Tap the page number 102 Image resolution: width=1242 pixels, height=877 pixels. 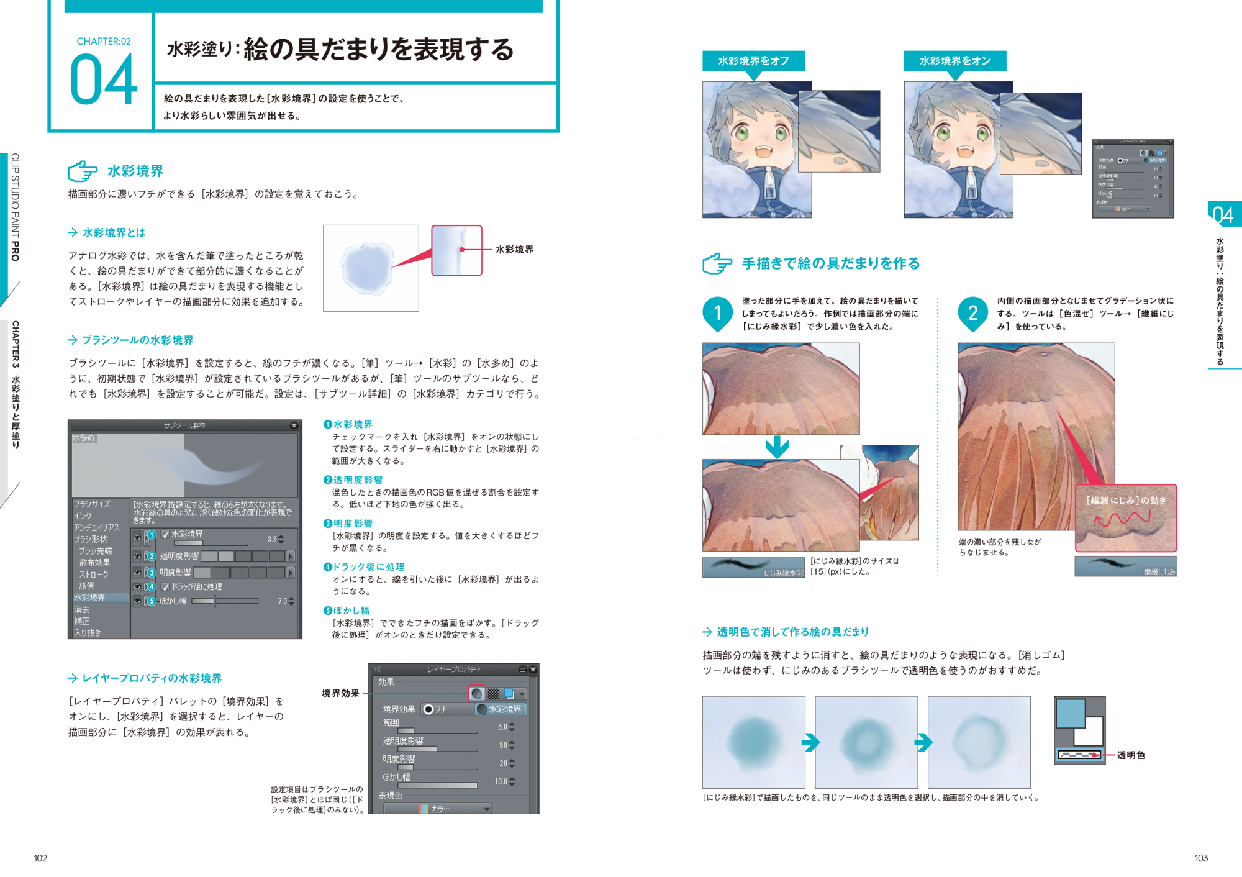[40, 858]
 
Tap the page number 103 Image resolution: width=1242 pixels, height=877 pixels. [1201, 858]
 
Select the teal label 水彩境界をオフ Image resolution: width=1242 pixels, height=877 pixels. [753, 61]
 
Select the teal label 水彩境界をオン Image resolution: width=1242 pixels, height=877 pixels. [954, 61]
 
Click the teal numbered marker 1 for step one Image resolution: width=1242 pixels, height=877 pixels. [717, 312]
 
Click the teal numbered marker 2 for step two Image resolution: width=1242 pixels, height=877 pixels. [972, 312]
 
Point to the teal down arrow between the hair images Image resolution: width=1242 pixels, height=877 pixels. [777, 447]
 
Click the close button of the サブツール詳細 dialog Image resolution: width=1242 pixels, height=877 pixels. [294, 425]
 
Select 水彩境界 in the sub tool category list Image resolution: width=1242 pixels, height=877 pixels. [90, 598]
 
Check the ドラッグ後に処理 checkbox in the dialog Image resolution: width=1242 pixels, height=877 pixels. [165, 586]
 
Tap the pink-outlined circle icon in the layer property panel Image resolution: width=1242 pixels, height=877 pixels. [476, 693]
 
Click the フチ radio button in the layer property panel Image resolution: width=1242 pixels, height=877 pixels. [428, 709]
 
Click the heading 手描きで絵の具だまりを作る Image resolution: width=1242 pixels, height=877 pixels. [831, 263]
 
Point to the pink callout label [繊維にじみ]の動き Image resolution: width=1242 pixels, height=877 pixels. [1126, 500]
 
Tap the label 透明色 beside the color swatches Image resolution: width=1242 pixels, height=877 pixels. [1130, 755]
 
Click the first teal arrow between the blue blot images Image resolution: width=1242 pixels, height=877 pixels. [810, 742]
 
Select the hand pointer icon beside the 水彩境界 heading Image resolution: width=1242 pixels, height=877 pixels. [83, 171]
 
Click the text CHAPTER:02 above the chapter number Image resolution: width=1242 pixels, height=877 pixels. [104, 42]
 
